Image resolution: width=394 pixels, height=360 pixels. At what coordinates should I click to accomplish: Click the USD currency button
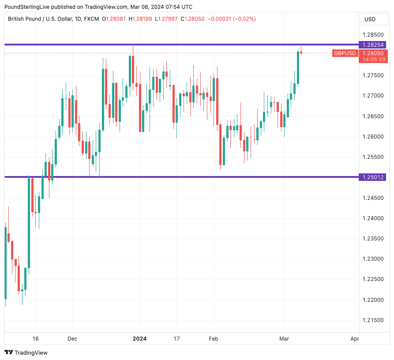[x=370, y=19]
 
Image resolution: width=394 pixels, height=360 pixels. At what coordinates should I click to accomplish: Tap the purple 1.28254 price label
[x=373, y=45]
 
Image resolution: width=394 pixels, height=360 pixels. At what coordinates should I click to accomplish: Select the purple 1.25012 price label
[x=373, y=177]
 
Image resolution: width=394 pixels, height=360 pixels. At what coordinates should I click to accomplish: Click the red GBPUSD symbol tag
[x=345, y=53]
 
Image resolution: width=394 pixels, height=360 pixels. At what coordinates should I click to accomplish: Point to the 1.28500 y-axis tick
[x=372, y=35]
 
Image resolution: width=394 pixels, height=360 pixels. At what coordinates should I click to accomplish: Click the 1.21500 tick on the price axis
[x=372, y=320]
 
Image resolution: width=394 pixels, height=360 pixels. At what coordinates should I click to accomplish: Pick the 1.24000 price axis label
[x=372, y=218]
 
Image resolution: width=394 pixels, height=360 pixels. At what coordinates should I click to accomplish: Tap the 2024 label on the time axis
[x=139, y=339]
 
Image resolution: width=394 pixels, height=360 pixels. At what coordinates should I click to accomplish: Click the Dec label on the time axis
[x=72, y=339]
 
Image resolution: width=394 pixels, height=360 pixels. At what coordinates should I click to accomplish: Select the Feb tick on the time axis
[x=214, y=339]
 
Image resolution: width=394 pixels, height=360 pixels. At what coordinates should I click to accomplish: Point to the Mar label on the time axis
[x=284, y=339]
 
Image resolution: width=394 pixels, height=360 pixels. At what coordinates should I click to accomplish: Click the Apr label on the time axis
[x=354, y=339]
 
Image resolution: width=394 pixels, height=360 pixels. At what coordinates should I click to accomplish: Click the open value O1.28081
[x=114, y=19]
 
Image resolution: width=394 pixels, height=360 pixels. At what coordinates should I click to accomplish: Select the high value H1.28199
[x=140, y=19]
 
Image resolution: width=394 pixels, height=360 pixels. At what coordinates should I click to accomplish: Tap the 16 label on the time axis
[x=36, y=339]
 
